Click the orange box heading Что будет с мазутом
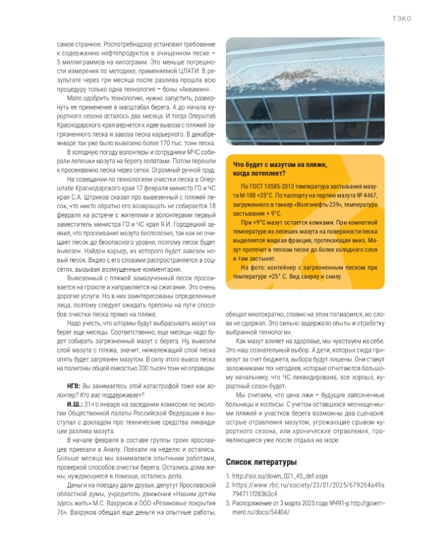pyautogui.click(x=277, y=164)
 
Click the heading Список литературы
pyautogui.click(x=261, y=462)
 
